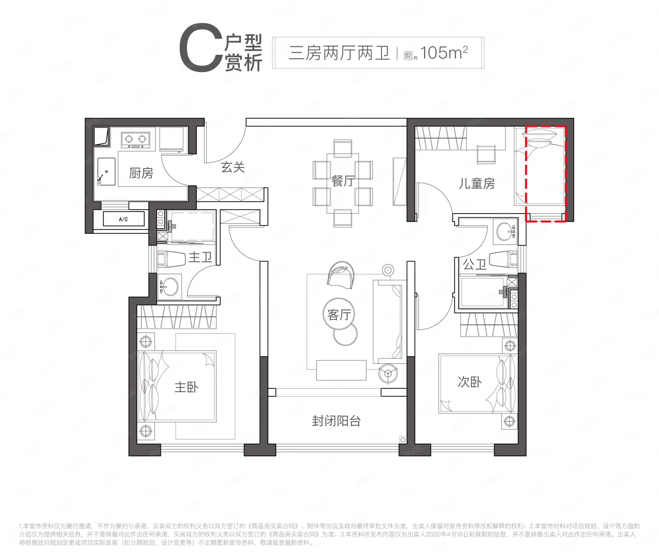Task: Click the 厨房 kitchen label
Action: pyautogui.click(x=141, y=173)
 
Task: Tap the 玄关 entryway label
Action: pyautogui.click(x=233, y=167)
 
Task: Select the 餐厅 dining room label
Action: pyautogui.click(x=343, y=181)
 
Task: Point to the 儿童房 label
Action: pyautogui.click(x=477, y=183)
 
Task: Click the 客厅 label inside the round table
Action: pyautogui.click(x=339, y=315)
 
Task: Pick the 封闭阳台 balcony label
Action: pyautogui.click(x=336, y=421)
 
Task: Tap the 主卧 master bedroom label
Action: pyautogui.click(x=186, y=387)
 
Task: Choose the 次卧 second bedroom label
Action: pyautogui.click(x=469, y=382)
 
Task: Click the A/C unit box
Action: pyautogui.click(x=124, y=219)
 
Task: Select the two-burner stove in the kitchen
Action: pyautogui.click(x=135, y=140)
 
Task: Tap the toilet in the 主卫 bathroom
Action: pyautogui.click(x=172, y=259)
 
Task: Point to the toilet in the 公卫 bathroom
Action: pyautogui.click(x=503, y=259)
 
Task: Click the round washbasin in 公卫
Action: pyautogui.click(x=505, y=231)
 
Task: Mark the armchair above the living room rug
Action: pyautogui.click(x=340, y=275)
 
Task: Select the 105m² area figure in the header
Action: pyautogui.click(x=444, y=53)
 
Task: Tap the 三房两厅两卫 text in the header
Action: pyautogui.click(x=339, y=53)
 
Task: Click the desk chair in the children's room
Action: pyautogui.click(x=486, y=154)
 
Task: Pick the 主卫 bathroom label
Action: pyautogui.click(x=200, y=258)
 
